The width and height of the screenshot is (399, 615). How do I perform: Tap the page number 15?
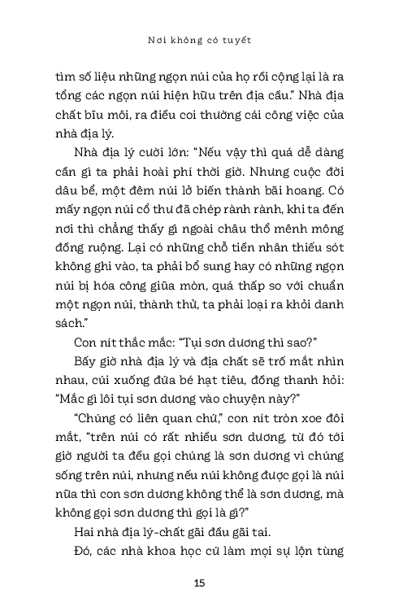coord(200,582)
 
